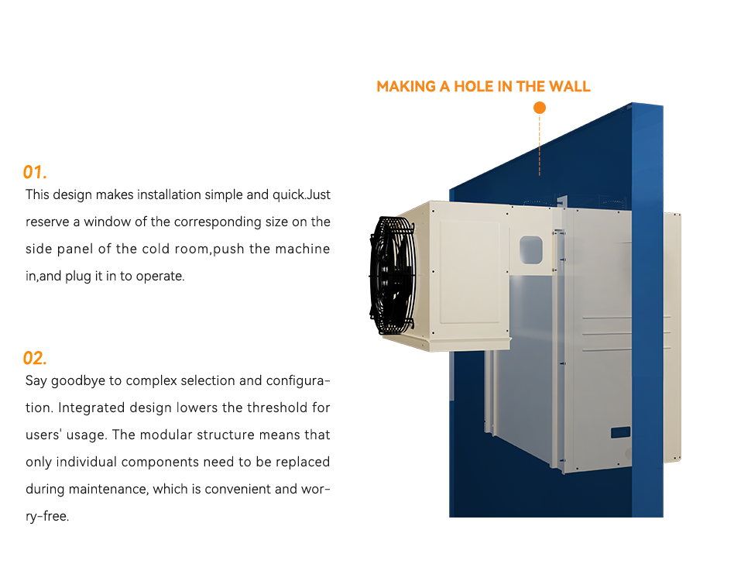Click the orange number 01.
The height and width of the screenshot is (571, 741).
(x=35, y=172)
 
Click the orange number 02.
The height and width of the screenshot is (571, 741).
(x=35, y=358)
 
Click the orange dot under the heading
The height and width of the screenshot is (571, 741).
(x=540, y=108)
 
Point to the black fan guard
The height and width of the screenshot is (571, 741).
(x=393, y=276)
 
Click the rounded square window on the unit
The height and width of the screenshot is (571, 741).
(x=530, y=250)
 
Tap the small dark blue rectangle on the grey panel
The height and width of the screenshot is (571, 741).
(x=620, y=432)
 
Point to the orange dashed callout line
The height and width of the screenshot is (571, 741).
(x=540, y=145)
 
